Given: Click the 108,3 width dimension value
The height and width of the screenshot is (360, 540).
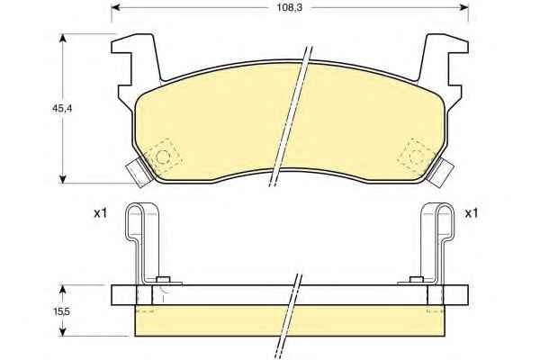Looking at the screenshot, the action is point(290,7).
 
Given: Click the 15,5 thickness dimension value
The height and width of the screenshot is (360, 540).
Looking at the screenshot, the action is point(61,311).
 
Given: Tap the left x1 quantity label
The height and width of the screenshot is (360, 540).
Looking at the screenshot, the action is point(101,213).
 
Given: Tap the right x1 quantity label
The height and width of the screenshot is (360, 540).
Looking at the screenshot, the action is point(472,213).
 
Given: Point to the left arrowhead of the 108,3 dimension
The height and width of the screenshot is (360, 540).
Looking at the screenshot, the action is point(115,7).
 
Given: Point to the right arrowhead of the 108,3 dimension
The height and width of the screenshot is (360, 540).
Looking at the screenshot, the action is point(463,7).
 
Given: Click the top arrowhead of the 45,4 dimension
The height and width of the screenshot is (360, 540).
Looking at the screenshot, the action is point(62,38).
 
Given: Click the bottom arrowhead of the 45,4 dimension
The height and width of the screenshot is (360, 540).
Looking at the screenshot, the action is point(62,179).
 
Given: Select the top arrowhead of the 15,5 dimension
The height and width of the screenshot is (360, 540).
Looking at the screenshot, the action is point(62,289).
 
